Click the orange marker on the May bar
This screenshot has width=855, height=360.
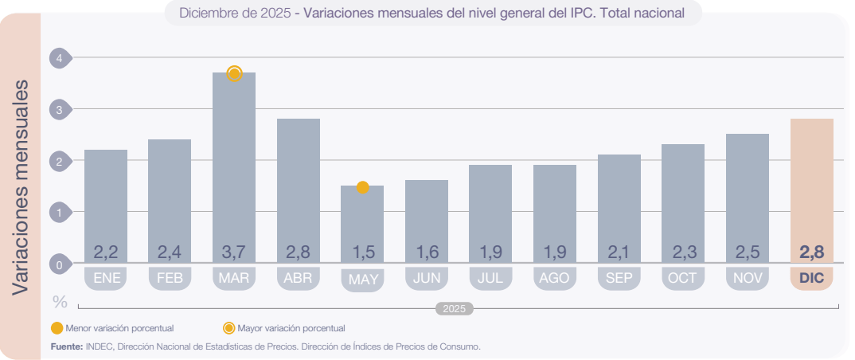[x=362, y=187]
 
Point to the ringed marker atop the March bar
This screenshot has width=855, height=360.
[x=234, y=74]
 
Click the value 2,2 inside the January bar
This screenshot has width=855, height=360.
[x=106, y=252]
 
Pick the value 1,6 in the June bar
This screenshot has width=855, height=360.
[x=427, y=252]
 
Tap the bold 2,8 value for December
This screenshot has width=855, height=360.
[x=811, y=252]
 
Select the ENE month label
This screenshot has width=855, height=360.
[x=106, y=278]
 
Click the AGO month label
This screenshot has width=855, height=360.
[x=555, y=278]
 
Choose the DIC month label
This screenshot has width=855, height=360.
[x=811, y=278]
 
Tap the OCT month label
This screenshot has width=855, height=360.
[x=683, y=278]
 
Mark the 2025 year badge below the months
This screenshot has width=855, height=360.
[x=455, y=308]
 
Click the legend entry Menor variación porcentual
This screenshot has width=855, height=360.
[x=111, y=328]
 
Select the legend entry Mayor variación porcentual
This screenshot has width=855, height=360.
[x=284, y=328]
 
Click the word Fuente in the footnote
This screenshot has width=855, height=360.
[x=66, y=346]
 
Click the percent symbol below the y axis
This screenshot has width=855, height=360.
[x=60, y=302]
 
